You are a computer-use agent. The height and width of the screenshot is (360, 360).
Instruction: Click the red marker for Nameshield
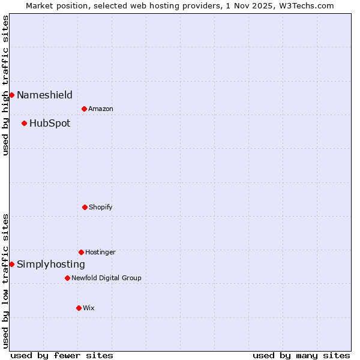(11, 95)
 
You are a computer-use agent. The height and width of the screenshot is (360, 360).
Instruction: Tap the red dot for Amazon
(84, 109)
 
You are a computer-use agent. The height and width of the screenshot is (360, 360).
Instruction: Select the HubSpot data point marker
(24, 123)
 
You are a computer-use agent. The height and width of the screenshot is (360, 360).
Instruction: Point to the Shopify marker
(85, 207)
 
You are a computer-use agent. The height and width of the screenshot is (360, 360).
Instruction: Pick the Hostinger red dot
(81, 252)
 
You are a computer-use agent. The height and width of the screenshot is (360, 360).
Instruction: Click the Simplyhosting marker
(11, 264)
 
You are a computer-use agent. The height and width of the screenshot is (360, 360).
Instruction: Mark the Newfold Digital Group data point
(67, 278)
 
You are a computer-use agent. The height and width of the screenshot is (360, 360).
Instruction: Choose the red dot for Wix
(79, 308)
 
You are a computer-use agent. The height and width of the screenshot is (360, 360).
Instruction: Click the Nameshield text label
(44, 95)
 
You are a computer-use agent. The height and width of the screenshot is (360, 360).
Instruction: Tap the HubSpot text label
(50, 124)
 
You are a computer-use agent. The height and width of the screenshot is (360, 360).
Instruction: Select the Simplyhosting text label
(51, 265)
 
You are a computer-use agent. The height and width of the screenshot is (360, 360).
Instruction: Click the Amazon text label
(101, 109)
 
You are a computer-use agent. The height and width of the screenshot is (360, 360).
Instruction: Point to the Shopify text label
(101, 207)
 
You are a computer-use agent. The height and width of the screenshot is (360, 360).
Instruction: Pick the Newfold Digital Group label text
(107, 278)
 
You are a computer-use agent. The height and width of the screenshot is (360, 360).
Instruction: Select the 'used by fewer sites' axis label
(62, 355)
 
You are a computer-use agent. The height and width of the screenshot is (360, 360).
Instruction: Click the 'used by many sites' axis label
(301, 355)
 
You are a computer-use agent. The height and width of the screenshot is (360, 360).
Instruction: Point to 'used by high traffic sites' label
(5, 85)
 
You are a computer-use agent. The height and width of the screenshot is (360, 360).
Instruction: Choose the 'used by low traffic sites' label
(5, 281)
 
